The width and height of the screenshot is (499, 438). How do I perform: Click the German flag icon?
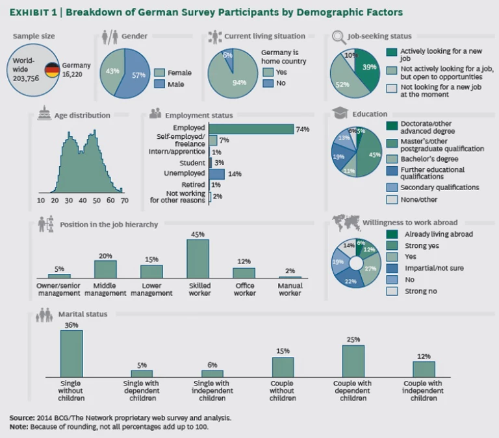[x=52, y=69]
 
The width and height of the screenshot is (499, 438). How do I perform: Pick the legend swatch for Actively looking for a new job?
[x=391, y=52]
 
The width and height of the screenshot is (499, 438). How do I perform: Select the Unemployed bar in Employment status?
[x=217, y=174]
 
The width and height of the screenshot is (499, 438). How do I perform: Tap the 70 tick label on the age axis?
[x=124, y=201]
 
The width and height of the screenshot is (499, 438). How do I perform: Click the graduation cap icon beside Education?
[x=339, y=114]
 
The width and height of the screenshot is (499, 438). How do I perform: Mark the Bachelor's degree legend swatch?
[x=391, y=159]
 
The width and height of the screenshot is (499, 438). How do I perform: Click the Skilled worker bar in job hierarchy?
[x=198, y=259]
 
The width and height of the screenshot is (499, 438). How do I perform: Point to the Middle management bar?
[x=105, y=269]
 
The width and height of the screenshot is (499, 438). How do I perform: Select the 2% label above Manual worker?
[x=290, y=271]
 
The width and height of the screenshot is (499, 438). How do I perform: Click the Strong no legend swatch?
[x=391, y=291]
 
